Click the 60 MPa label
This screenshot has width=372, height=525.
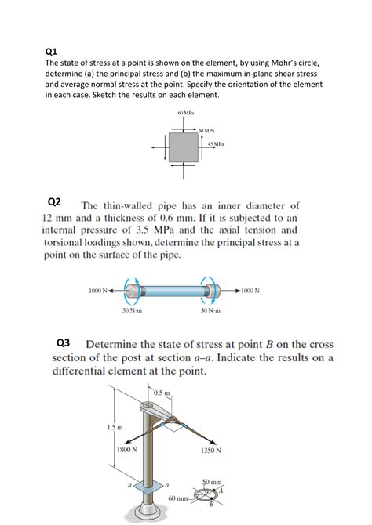[185, 115]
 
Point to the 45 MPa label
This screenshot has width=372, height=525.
[216, 144]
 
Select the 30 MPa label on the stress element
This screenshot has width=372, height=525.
[207, 130]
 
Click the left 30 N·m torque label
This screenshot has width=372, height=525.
[132, 311]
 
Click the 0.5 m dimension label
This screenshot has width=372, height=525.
[162, 392]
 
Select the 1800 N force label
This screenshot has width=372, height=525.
[127, 450]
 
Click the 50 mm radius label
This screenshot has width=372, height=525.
[213, 480]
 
